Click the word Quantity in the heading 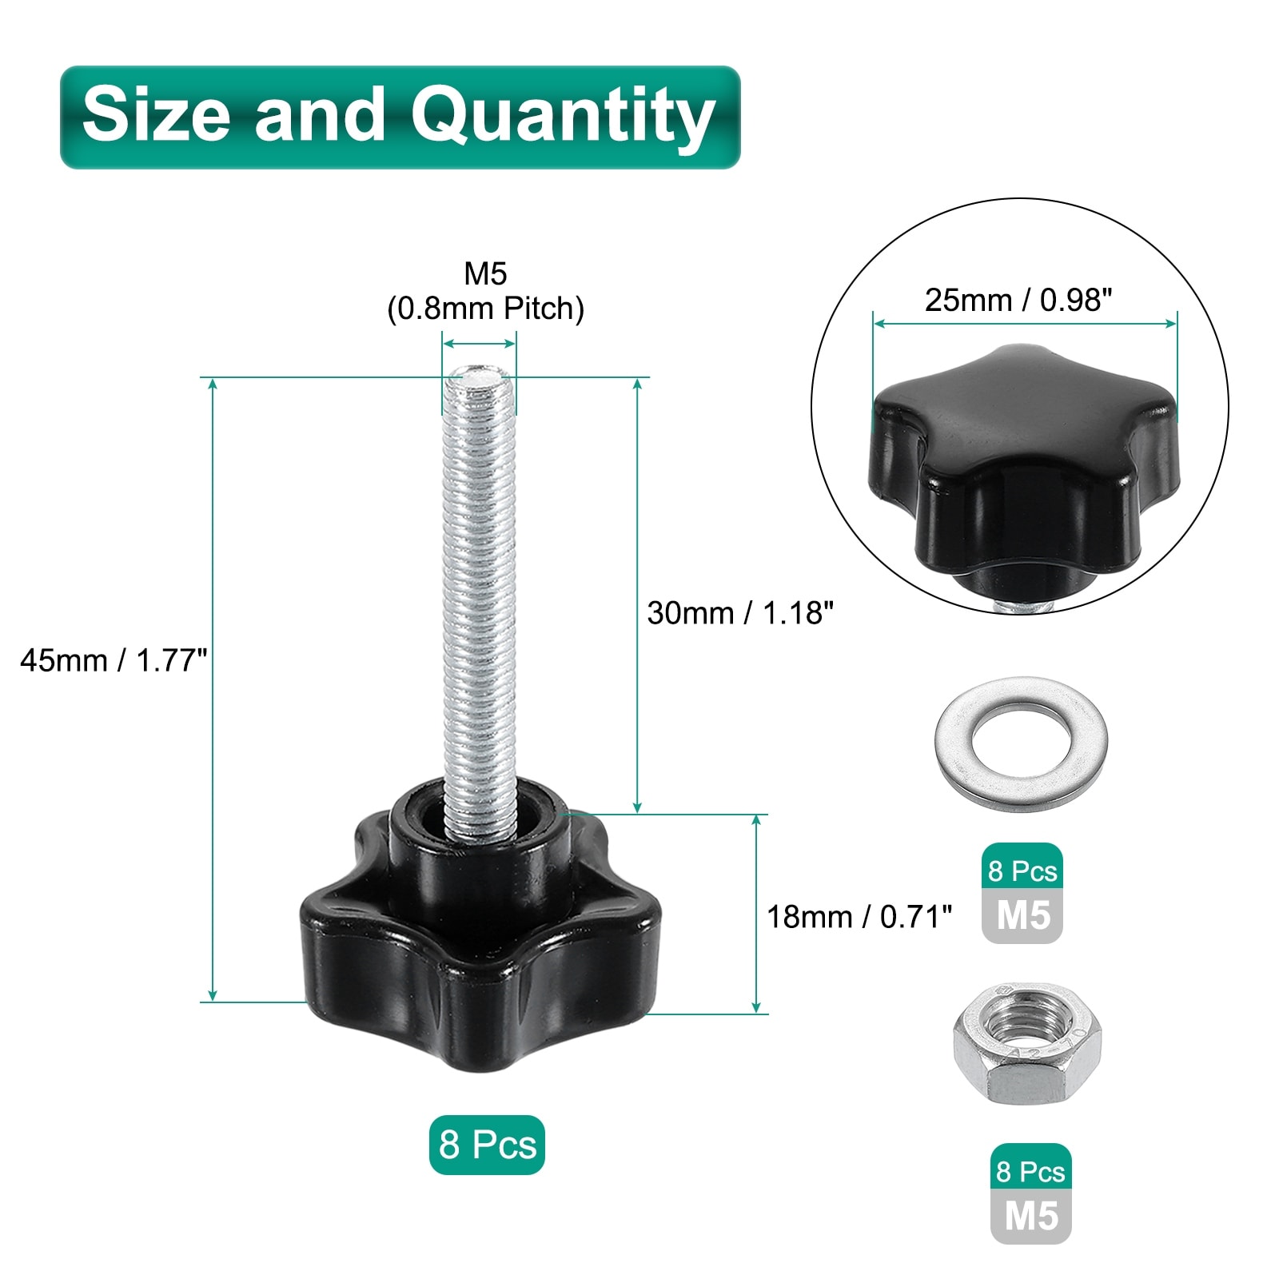[x=563, y=118]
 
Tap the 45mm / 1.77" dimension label [x=114, y=661]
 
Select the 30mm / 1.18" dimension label [x=740, y=613]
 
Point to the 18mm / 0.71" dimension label [x=859, y=917]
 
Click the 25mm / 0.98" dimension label [x=1018, y=301]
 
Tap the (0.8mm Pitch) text [x=486, y=309]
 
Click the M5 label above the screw [x=486, y=274]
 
